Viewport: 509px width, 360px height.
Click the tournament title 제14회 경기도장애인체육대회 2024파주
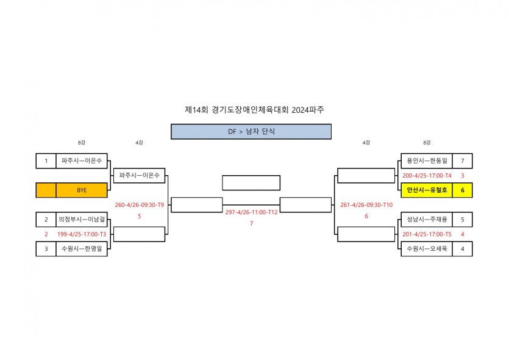(x=254, y=110)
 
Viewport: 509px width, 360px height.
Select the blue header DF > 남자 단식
(x=251, y=131)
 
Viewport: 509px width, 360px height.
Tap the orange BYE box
(x=82, y=190)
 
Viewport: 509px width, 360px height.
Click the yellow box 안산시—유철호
(x=427, y=190)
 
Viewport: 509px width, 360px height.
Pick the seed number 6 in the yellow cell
(x=463, y=190)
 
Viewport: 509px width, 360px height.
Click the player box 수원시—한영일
(x=82, y=249)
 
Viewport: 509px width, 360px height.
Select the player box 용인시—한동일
(x=427, y=161)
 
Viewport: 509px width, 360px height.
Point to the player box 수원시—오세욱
(x=427, y=249)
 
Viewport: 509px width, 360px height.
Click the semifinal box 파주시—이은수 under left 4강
(x=140, y=176)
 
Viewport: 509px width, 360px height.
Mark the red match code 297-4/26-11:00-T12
(x=251, y=212)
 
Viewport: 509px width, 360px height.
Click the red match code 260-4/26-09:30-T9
(x=140, y=205)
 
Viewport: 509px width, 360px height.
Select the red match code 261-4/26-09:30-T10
(x=366, y=205)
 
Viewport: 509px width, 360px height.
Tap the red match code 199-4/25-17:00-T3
(x=82, y=234)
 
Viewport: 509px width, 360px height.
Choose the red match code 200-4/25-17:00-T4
(x=427, y=176)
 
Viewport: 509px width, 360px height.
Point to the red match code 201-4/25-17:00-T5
(x=427, y=234)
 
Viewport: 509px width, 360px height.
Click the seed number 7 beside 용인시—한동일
(x=463, y=161)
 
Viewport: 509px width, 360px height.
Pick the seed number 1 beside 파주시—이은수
(x=46, y=161)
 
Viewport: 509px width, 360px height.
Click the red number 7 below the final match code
(x=251, y=223)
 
